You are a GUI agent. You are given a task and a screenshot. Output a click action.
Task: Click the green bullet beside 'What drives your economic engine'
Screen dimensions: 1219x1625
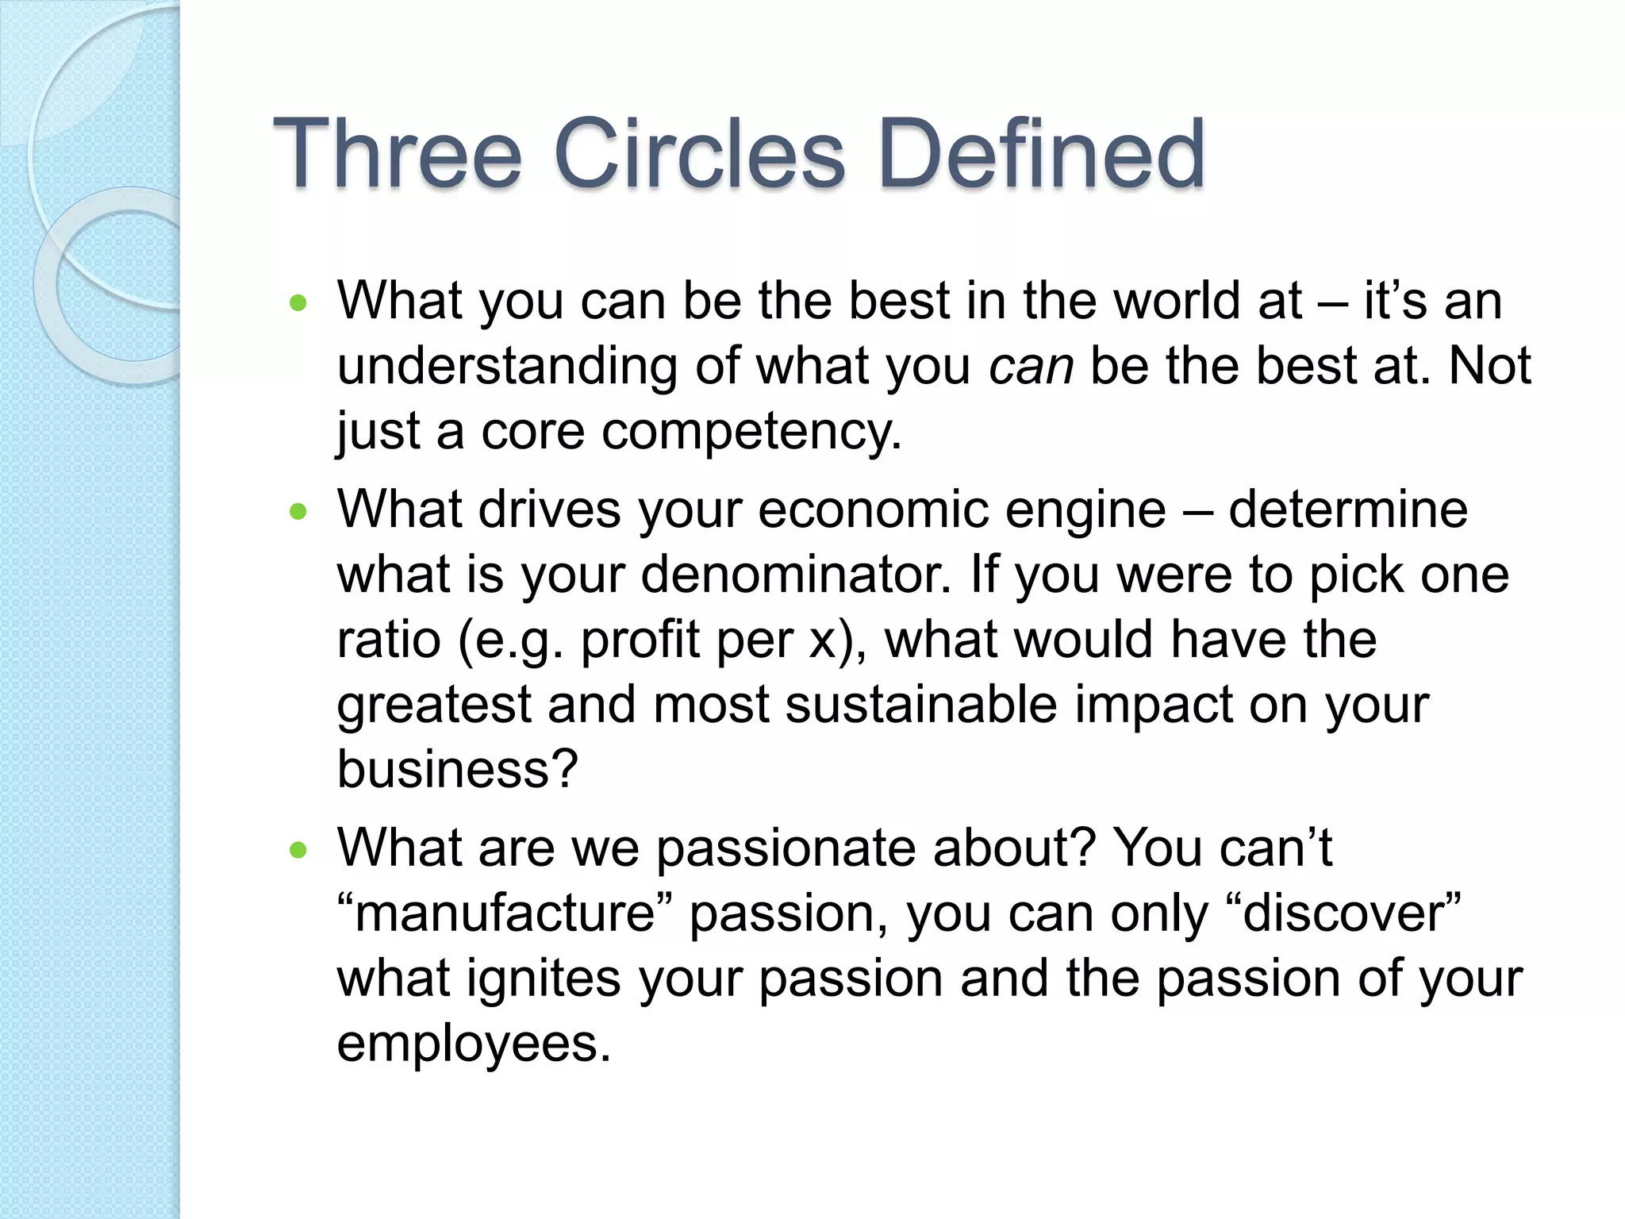click(x=298, y=512)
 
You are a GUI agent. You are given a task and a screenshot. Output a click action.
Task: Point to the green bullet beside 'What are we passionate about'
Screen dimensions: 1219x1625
click(x=298, y=851)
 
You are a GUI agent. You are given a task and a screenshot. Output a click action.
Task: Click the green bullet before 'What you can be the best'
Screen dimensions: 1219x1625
click(x=298, y=303)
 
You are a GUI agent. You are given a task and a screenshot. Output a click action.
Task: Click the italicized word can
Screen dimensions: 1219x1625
click(x=1031, y=367)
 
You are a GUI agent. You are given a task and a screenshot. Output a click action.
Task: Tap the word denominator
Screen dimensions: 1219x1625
click(x=795, y=575)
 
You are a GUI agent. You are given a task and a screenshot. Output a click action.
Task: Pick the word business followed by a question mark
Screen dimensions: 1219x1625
click(x=457, y=769)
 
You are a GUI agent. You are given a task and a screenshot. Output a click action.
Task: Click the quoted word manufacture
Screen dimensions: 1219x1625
click(x=505, y=913)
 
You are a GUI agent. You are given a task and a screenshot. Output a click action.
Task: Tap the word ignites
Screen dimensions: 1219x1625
click(x=544, y=979)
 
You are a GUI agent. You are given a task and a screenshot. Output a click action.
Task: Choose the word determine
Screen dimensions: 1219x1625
click(x=1348, y=510)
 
